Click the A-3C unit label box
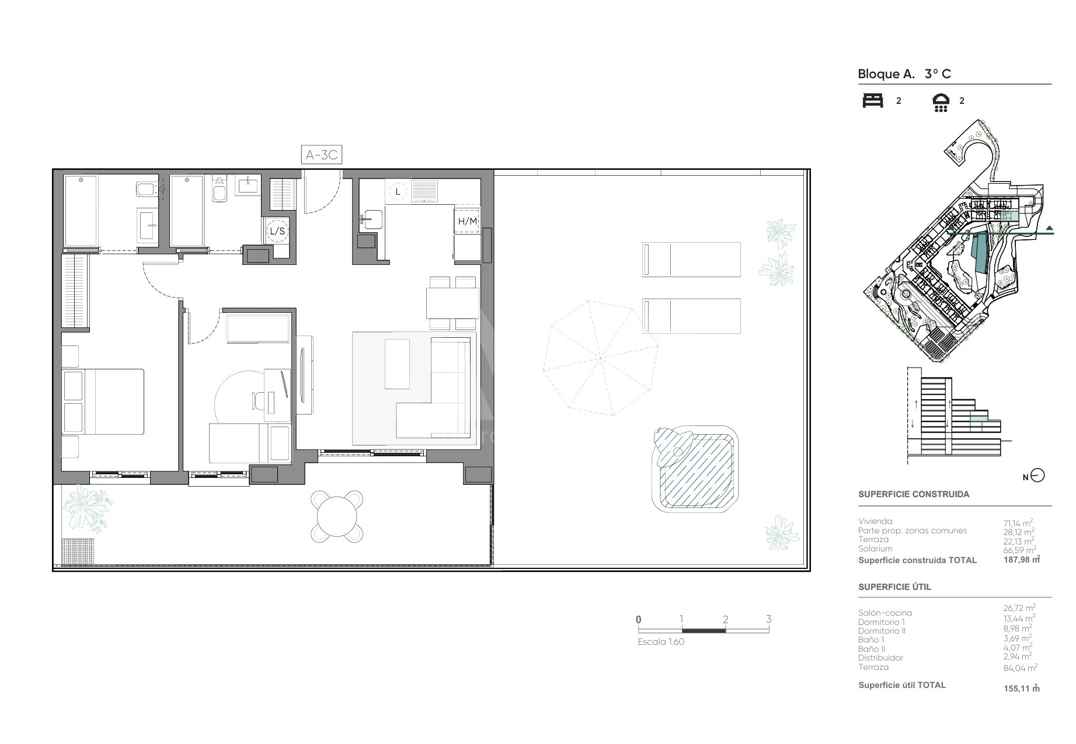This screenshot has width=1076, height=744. click(x=321, y=155)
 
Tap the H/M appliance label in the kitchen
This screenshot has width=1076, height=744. click(x=468, y=221)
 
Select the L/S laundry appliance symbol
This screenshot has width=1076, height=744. click(x=277, y=231)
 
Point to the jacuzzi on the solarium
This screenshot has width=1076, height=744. click(x=695, y=470)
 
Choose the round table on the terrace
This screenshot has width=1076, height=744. click(x=337, y=516)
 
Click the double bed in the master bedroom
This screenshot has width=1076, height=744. click(x=103, y=401)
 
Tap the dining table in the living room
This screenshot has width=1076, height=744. click(x=453, y=303)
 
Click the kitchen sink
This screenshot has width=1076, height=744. click(x=371, y=219)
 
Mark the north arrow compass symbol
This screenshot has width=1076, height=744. click(x=1037, y=476)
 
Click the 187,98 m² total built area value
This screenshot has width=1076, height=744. click(x=1022, y=560)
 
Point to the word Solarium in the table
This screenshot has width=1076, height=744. click(x=875, y=549)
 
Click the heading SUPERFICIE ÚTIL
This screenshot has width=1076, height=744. click(x=894, y=587)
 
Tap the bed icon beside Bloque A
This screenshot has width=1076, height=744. click(x=873, y=100)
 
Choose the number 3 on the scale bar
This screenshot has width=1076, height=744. click(x=768, y=619)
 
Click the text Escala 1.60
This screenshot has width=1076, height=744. click(x=661, y=642)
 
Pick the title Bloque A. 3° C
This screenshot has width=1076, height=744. click(x=904, y=74)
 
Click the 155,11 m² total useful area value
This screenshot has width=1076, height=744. click(x=1022, y=688)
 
